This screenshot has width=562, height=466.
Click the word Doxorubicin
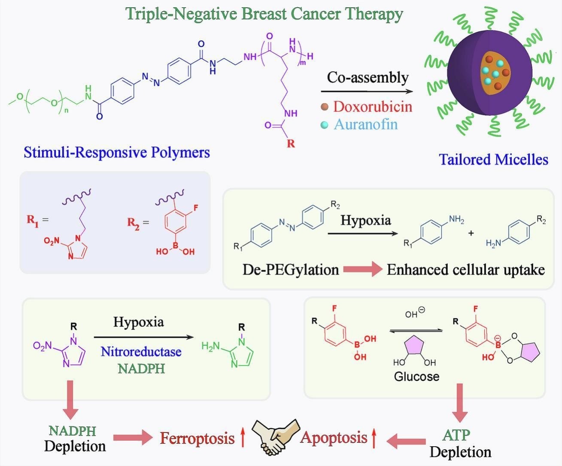coord(372,107)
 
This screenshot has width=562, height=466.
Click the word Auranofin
coord(366,125)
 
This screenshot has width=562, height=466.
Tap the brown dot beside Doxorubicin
coord(325,107)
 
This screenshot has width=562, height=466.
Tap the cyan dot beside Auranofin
coord(325,125)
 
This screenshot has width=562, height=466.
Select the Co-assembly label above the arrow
coord(368,77)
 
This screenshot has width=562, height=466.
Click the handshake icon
coord(275,437)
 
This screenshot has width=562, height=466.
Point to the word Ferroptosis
coord(197,438)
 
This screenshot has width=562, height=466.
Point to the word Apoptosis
coord(334,437)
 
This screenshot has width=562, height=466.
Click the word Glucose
coord(416,377)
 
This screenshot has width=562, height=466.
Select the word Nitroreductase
coord(141,352)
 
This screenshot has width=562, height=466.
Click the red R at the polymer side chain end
coord(291,143)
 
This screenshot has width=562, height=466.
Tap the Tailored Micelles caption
coord(493,160)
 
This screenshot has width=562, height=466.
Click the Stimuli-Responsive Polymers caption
coord(117,152)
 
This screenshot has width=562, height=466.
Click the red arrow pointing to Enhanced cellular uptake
coord(363,270)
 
